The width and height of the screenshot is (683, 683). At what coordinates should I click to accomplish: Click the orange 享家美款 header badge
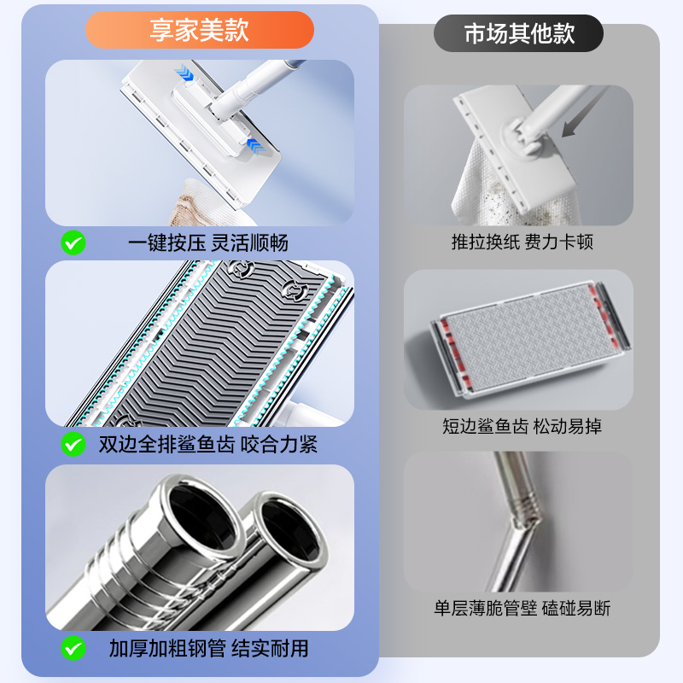tap(199, 31)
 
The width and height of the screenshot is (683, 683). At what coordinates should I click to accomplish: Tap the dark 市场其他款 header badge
tap(518, 33)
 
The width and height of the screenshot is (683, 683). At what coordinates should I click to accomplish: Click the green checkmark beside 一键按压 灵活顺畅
tap(73, 242)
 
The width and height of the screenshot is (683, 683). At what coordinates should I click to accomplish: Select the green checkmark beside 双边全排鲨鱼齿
tap(73, 444)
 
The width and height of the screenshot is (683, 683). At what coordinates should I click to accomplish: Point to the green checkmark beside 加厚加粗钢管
tap(73, 648)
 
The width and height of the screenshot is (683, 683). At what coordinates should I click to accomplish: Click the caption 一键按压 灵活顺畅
tap(208, 242)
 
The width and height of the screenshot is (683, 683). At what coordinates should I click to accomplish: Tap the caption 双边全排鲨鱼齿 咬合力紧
tap(208, 444)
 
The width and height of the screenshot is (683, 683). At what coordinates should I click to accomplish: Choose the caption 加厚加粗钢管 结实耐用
tap(208, 648)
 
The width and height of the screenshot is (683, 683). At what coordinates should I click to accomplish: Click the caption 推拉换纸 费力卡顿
tap(522, 242)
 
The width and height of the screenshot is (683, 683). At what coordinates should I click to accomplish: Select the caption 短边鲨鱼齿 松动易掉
tap(522, 425)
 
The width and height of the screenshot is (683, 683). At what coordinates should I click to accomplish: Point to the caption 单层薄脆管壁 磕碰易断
tap(522, 608)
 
